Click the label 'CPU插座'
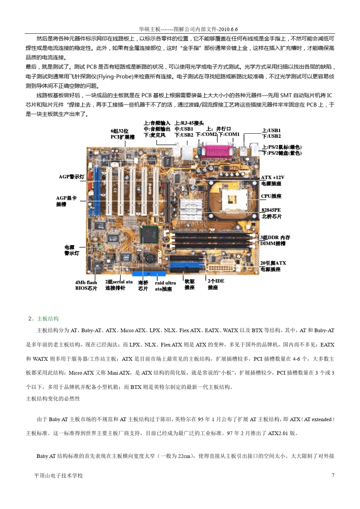[x=271, y=196]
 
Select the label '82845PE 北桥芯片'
[x=272, y=213]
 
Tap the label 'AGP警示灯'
[x=72, y=177]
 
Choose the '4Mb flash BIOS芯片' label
[x=86, y=286]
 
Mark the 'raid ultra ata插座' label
[x=165, y=286]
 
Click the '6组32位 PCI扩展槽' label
[x=122, y=134]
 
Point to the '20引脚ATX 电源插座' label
[x=273, y=266]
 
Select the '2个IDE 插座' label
[x=216, y=284]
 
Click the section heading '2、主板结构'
[x=44, y=319]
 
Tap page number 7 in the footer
[x=333, y=475]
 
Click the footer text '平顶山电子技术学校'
[x=58, y=476]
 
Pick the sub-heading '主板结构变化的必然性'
[x=53, y=399]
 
